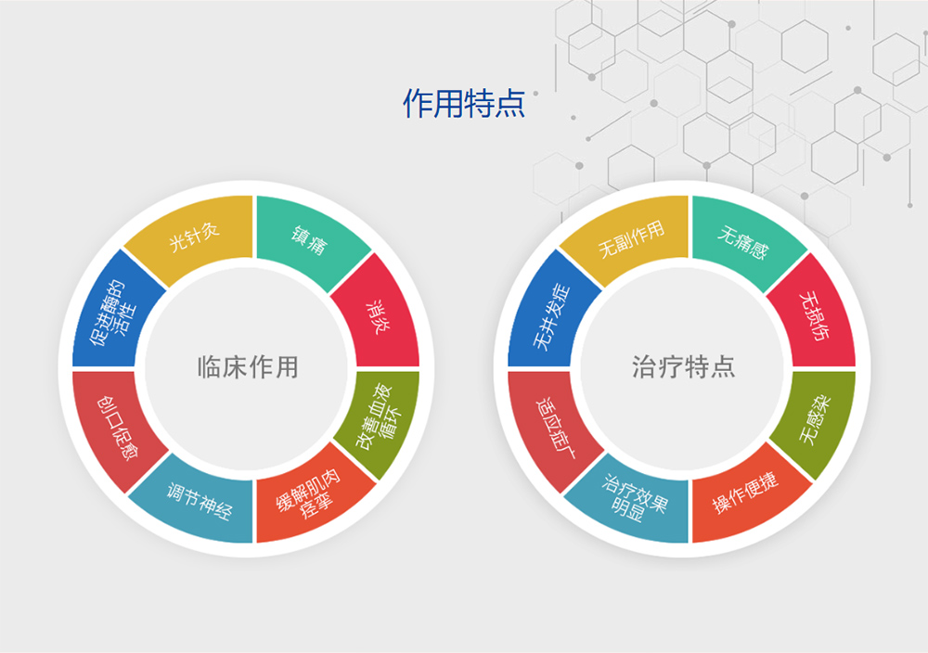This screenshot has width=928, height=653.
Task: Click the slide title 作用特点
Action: pyautogui.click(x=464, y=104)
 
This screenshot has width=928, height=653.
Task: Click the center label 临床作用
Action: pyautogui.click(x=248, y=367)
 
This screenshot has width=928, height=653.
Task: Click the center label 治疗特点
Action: pyautogui.click(x=684, y=367)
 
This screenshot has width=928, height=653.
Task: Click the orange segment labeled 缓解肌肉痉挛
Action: pyautogui.click(x=310, y=498)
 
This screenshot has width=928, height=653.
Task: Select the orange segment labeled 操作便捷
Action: pyautogui.click(x=746, y=497)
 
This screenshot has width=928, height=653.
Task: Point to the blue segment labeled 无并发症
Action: pyautogui.click(x=550, y=314)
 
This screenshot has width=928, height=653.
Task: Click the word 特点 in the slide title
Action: pyautogui.click(x=495, y=104)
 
